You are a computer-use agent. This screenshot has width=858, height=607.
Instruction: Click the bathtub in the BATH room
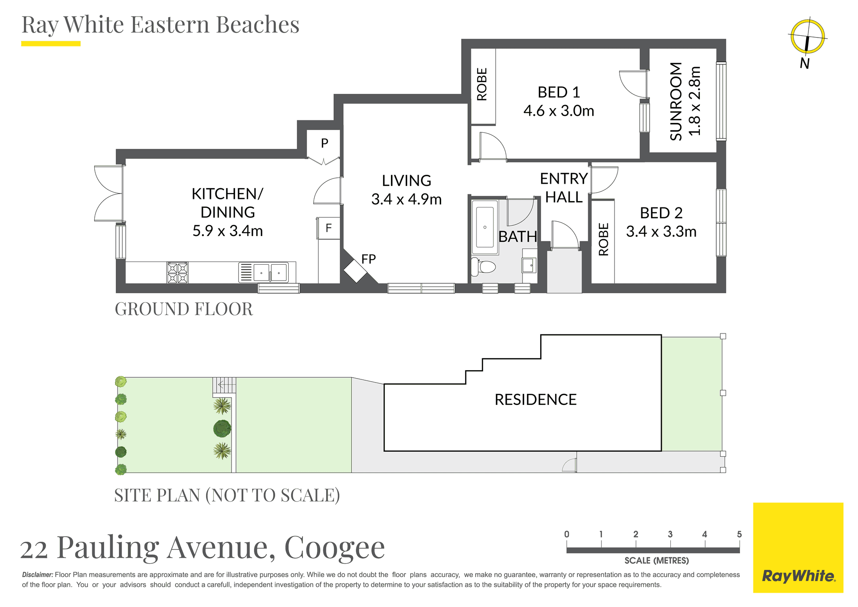point(485,224)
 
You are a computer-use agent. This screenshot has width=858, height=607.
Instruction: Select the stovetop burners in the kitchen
point(177,273)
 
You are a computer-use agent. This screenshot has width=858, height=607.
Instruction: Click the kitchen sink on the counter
point(270,272)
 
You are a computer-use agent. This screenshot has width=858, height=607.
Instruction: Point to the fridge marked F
point(329,228)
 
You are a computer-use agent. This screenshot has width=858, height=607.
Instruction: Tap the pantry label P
point(324,143)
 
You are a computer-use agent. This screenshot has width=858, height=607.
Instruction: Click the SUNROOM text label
point(676,101)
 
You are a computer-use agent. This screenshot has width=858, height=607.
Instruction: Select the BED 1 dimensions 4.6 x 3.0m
point(559,111)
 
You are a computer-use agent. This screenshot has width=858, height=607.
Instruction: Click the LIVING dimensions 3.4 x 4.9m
point(406,199)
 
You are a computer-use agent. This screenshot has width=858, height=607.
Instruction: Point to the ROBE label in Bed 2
point(603,240)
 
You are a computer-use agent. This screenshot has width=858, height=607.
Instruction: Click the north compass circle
point(808,36)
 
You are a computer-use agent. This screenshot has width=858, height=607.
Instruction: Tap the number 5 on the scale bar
point(739,534)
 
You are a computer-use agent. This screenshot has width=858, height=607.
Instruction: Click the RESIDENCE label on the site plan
point(535,400)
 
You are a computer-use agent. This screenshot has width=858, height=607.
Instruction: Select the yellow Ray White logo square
point(798,548)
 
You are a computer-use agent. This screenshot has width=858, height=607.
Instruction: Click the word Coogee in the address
point(335,547)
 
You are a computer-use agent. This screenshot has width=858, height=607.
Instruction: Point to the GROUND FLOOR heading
point(184,309)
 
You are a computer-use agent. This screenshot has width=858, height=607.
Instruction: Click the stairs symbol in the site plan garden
point(224,385)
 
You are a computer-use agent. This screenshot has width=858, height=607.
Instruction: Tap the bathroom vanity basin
point(529,265)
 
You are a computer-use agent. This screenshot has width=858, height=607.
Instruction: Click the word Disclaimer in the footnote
point(38,575)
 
